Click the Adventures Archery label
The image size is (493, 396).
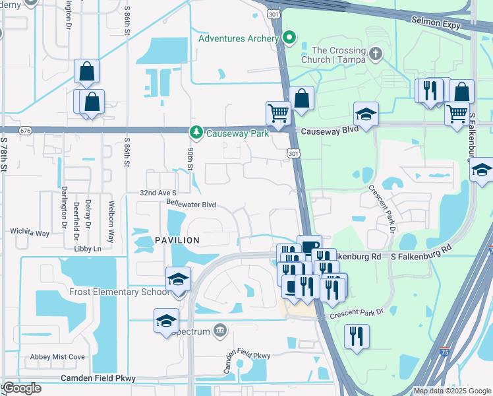tap(239, 38)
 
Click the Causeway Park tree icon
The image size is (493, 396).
tap(196, 133)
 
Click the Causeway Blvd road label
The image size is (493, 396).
tap(329, 131)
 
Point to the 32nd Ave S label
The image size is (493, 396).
tap(158, 192)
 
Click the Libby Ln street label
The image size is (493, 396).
tap(88, 249)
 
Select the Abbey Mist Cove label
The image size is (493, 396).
tap(57, 357)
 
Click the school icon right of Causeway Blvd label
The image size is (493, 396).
tap(366, 114)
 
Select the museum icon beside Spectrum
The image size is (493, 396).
tap(219, 331)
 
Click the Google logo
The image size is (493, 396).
tap(22, 388)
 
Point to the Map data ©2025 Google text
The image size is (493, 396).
tap(452, 391)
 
